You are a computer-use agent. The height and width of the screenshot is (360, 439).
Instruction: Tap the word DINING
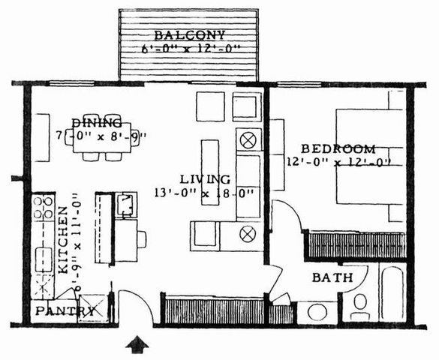[97, 122]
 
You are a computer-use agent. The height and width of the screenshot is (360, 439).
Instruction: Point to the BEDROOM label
[328, 148]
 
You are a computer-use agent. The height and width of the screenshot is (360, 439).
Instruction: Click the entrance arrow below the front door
[137, 345]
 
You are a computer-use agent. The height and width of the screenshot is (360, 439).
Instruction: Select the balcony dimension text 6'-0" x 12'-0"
[191, 49]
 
